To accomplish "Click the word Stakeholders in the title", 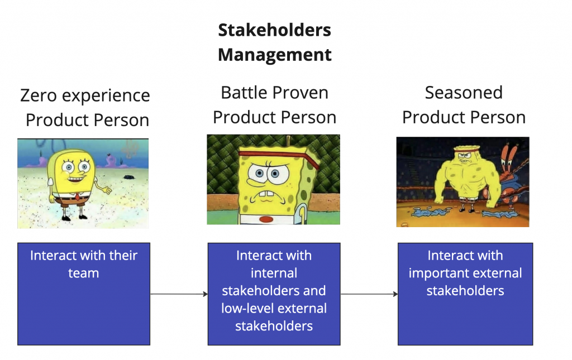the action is pyautogui.click(x=274, y=30).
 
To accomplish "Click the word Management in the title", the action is pyautogui.click(x=274, y=55).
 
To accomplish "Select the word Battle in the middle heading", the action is pyautogui.click(x=245, y=93).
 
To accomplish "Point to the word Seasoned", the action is pyautogui.click(x=464, y=93).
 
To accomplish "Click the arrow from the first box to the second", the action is pyautogui.click(x=179, y=294).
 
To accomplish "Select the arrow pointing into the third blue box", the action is pyautogui.click(x=369, y=294).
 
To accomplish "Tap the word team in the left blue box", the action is pyautogui.click(x=84, y=273).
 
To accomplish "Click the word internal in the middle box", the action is pyautogui.click(x=274, y=273).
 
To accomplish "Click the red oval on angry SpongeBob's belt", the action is pyautogui.click(x=266, y=219).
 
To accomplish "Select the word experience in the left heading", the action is pyautogui.click(x=106, y=96).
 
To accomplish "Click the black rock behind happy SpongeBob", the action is pyautogui.click(x=129, y=177).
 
